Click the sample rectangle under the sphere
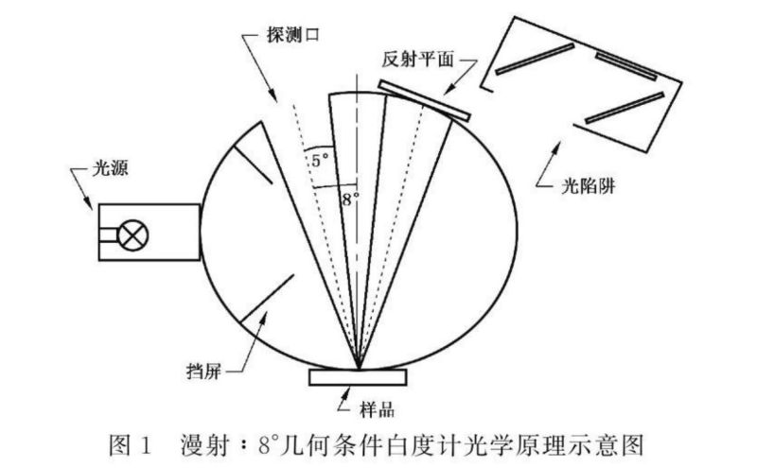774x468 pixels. [x=359, y=377]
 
